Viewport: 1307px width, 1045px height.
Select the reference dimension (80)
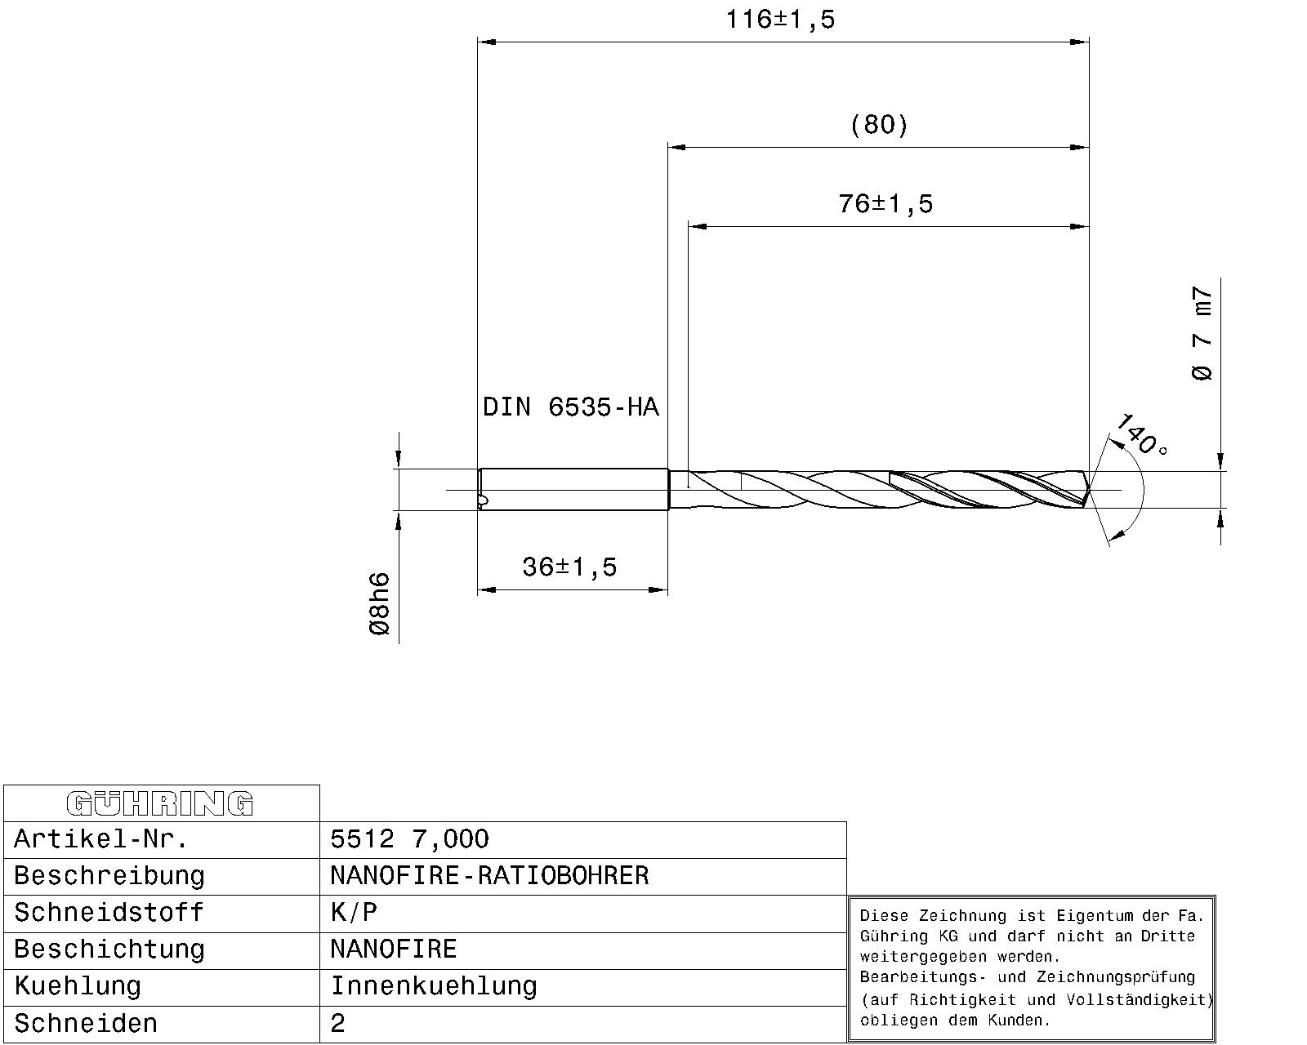(x=879, y=125)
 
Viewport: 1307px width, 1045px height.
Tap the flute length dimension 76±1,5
(x=885, y=203)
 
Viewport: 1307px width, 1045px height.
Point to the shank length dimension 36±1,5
(x=569, y=567)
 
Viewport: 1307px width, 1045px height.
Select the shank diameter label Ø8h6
(x=380, y=604)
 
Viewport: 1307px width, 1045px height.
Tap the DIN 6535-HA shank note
(x=570, y=407)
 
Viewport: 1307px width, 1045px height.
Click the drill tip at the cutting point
(x=1087, y=490)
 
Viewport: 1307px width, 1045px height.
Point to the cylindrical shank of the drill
(x=572, y=490)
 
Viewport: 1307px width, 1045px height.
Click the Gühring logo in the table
(x=160, y=803)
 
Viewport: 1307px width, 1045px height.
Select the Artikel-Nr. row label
(x=101, y=839)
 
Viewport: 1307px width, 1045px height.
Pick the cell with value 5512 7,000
(x=409, y=839)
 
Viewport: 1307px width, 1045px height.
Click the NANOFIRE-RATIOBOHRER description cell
(x=489, y=876)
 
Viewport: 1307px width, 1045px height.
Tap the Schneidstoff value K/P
(x=354, y=913)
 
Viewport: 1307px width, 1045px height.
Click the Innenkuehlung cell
(x=434, y=986)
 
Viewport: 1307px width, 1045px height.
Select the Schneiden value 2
(x=338, y=1024)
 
